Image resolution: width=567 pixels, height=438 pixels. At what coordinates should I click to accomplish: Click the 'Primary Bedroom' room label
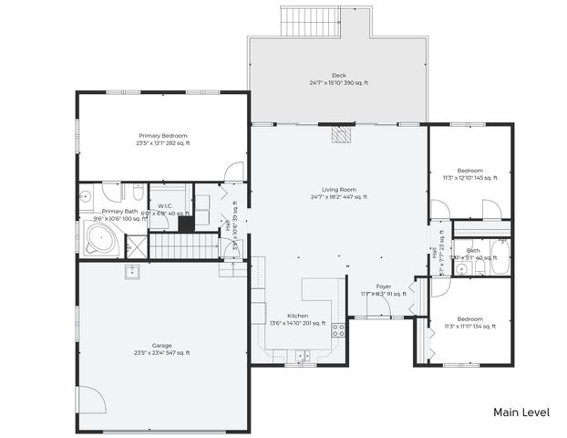[x=162, y=135]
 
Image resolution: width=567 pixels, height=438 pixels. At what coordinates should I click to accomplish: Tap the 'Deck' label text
[x=338, y=76]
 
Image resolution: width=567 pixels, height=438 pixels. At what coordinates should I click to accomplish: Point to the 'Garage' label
[x=162, y=346]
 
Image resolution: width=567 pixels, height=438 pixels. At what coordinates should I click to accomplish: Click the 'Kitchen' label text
[x=285, y=316]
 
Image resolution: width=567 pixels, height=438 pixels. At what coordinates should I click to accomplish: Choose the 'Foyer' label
[x=384, y=287]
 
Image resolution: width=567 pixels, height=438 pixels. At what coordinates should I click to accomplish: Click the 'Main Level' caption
[x=521, y=412]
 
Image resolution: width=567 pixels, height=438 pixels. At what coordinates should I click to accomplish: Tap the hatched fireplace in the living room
[x=340, y=135]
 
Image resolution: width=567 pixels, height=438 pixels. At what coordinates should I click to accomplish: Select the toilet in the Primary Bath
[x=137, y=193]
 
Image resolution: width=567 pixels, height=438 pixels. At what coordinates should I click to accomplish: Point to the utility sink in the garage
[x=132, y=270]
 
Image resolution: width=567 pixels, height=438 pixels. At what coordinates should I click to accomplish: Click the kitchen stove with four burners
[x=337, y=328]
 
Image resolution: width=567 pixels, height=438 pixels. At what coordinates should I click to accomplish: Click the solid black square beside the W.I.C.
[x=185, y=224]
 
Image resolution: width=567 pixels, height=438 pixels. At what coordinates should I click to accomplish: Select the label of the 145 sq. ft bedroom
[x=469, y=171]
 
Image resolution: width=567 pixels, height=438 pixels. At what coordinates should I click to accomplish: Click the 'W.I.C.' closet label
[x=165, y=206]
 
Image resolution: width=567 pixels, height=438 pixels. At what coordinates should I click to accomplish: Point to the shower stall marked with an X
[x=135, y=245]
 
